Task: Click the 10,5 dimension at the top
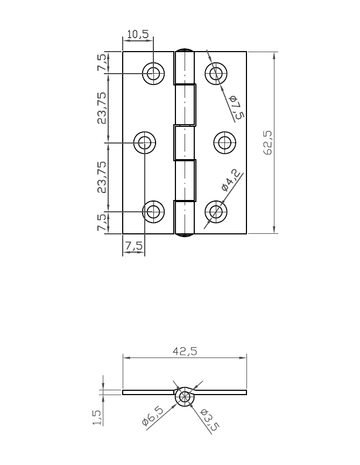[x=137, y=34]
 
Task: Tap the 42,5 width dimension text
[x=185, y=351]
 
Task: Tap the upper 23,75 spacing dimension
[x=101, y=108]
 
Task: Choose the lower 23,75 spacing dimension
[x=101, y=177]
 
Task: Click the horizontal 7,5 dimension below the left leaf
[x=133, y=246]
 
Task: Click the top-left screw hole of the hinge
[x=153, y=74]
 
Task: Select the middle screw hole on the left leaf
[x=144, y=142]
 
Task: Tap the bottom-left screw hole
[x=153, y=211]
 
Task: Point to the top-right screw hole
[x=216, y=74]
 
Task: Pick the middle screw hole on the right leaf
[x=225, y=142]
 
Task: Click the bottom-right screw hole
[x=216, y=211]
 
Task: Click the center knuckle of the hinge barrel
[x=183, y=142]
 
